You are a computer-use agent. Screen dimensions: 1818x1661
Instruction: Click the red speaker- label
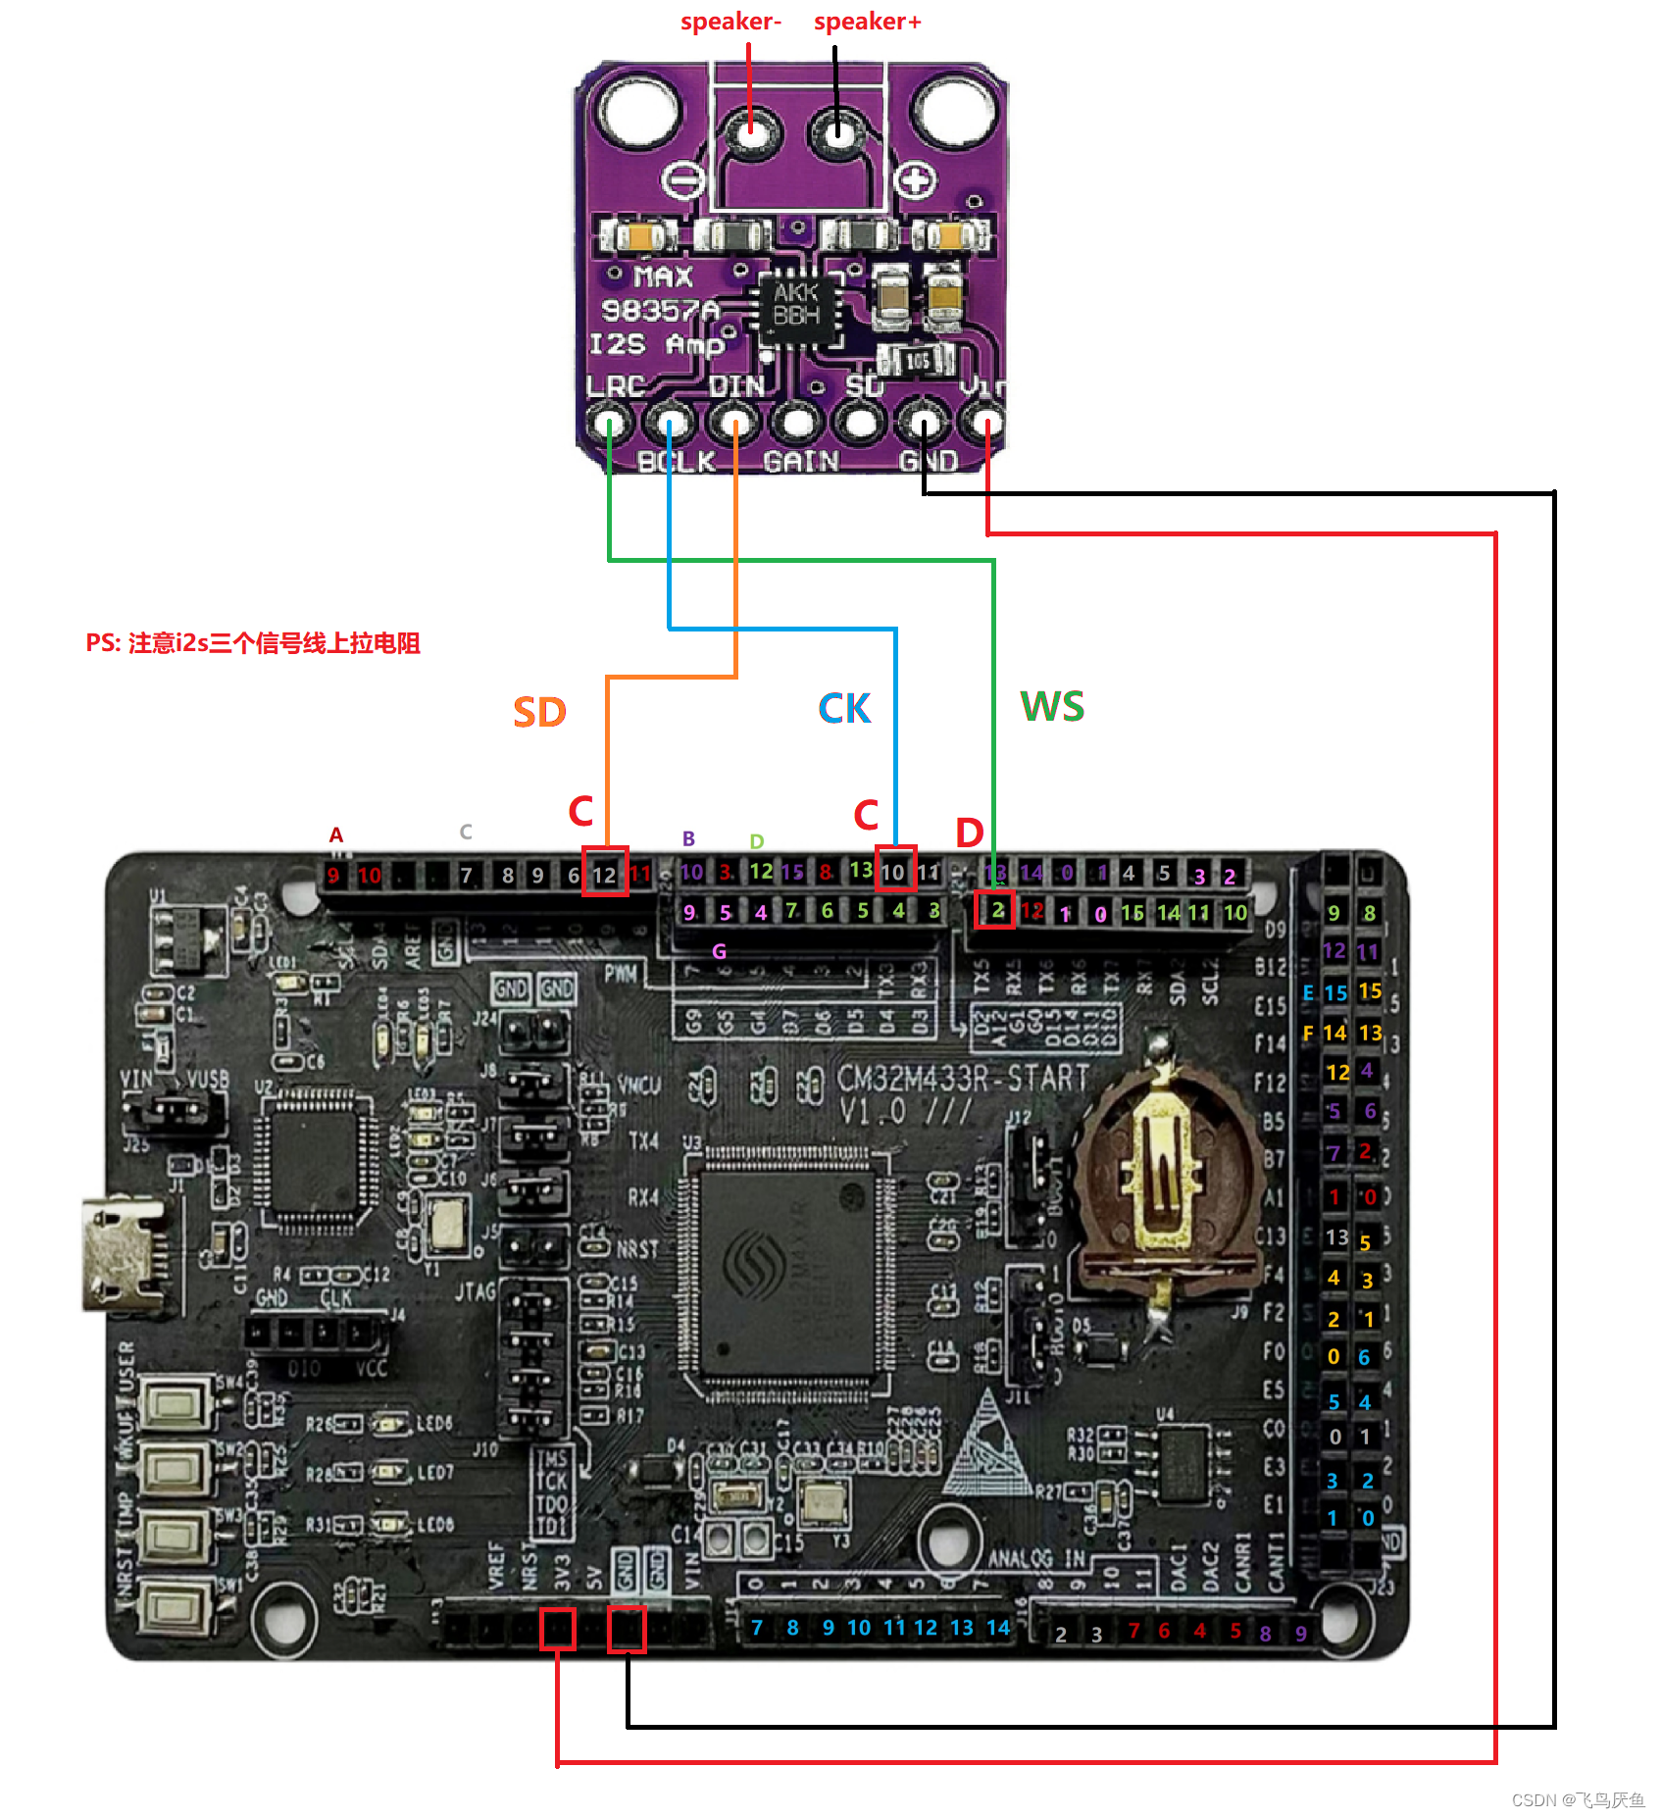tap(730, 22)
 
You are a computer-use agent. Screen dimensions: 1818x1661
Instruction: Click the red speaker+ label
tap(867, 22)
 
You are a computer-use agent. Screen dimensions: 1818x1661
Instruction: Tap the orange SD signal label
tap(539, 712)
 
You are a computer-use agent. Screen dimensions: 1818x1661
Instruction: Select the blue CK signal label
tap(844, 709)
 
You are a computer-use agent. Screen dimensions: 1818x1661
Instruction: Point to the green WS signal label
tap(1052, 707)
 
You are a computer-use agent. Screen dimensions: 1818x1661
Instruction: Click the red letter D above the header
tap(969, 833)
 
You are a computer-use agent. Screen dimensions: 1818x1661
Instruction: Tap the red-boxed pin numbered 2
tap(996, 910)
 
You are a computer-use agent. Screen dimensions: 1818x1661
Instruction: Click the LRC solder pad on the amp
tap(609, 425)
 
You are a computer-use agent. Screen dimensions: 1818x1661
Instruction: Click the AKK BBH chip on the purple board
tap(796, 305)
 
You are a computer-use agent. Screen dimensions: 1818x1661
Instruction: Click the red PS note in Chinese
tap(253, 643)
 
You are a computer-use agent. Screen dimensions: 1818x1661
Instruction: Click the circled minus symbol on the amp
tap(682, 180)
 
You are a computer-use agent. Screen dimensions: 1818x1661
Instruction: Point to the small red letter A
tap(335, 835)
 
